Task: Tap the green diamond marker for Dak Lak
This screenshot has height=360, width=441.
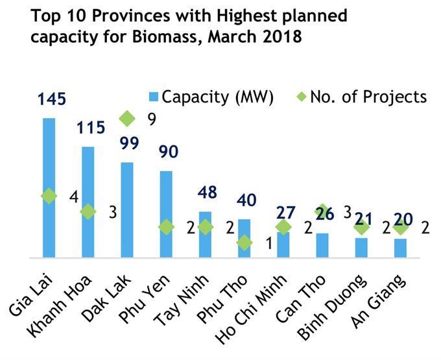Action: pos(127,118)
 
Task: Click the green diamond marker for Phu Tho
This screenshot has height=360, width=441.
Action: pos(244,243)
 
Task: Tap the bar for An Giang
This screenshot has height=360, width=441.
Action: pos(400,248)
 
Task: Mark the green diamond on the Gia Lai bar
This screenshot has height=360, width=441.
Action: pos(49,196)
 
